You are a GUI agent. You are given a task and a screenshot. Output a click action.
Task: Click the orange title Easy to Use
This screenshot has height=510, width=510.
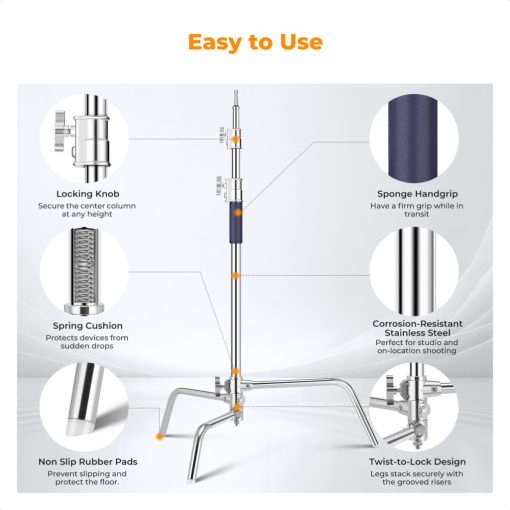coord(254,42)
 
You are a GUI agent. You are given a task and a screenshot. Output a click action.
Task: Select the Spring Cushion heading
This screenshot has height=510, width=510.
coord(88,325)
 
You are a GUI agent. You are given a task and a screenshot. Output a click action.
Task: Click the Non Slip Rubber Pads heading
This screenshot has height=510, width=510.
coord(88,461)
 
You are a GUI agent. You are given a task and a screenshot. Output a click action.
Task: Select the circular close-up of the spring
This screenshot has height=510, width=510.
coord(88,270)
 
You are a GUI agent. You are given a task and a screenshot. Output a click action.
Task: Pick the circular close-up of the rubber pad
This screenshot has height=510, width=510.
coord(88,405)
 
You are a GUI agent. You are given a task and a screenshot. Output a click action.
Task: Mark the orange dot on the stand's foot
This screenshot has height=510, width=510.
coord(159,437)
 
